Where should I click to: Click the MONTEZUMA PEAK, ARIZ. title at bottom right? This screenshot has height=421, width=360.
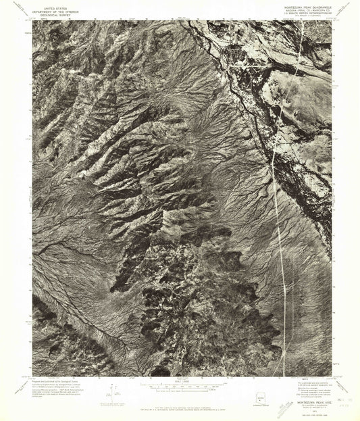pos(313,398)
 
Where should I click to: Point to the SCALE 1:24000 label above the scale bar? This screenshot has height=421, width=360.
pos(178,380)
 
